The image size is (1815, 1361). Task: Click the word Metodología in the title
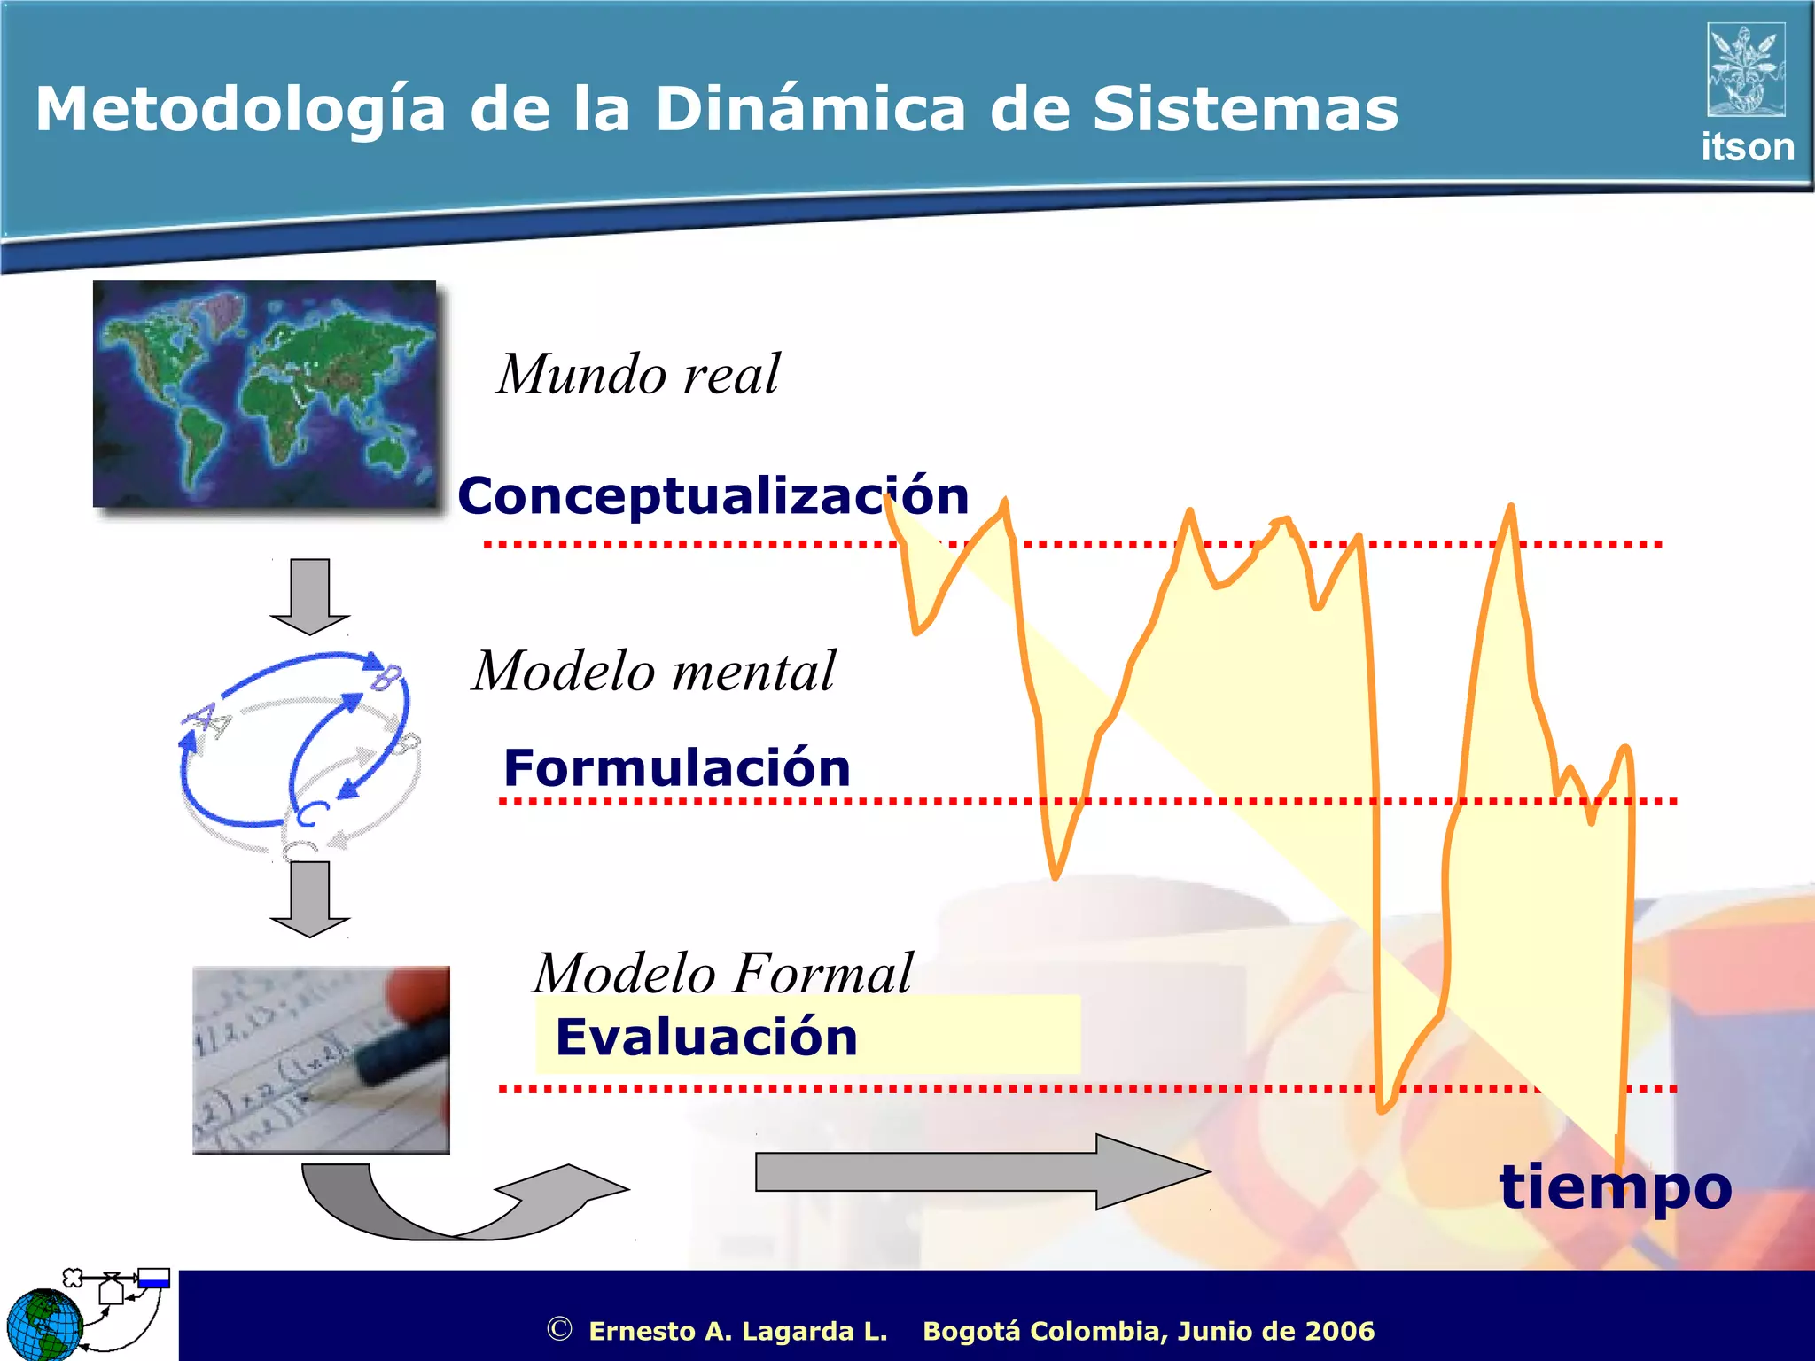(239, 111)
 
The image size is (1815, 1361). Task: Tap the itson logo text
(1747, 147)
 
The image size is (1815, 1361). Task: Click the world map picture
(264, 393)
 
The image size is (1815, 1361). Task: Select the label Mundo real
(638, 374)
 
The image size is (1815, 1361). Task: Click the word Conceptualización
(713, 495)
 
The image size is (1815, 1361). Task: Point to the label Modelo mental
(653, 671)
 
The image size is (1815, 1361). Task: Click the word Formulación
(677, 767)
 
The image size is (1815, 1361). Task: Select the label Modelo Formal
(722, 973)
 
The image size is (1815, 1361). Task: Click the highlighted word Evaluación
(706, 1037)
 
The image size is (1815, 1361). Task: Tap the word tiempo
(1615, 1187)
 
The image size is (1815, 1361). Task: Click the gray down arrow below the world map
(309, 596)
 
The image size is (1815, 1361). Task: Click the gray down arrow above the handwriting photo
(309, 898)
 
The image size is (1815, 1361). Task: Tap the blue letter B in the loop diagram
(386, 677)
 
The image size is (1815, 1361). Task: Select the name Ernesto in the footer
(643, 1331)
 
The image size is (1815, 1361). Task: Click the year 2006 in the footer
(1339, 1331)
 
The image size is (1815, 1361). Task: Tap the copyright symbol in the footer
(559, 1329)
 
